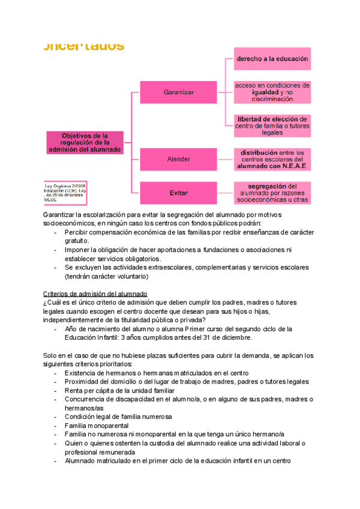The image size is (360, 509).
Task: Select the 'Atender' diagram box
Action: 179,159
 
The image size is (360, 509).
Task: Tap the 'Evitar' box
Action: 179,193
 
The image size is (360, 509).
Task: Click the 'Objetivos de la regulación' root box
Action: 85,142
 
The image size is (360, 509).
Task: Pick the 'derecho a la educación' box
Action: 272,59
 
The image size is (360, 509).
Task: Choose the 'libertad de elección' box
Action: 272,125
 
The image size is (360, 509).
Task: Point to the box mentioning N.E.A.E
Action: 272,159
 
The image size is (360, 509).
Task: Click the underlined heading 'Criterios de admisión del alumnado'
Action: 95,293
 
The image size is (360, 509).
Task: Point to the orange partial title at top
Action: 84,46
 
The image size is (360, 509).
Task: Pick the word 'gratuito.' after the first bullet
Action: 77,240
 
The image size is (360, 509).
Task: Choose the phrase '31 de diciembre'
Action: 218,337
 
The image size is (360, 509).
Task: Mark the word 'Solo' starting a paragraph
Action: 50,355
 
